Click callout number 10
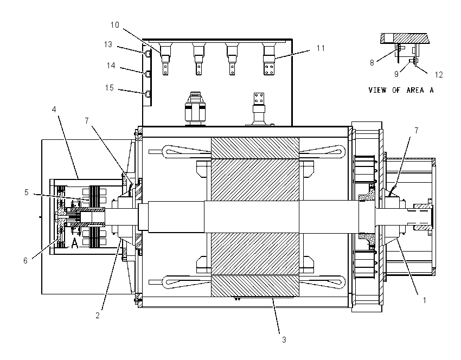click(x=114, y=25)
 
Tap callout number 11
click(x=321, y=48)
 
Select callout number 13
click(x=108, y=44)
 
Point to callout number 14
click(x=111, y=65)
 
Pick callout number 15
click(x=110, y=88)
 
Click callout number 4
click(x=54, y=110)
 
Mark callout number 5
click(x=27, y=192)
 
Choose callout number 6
click(x=25, y=260)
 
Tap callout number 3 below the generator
click(x=284, y=340)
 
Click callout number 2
click(x=98, y=316)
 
